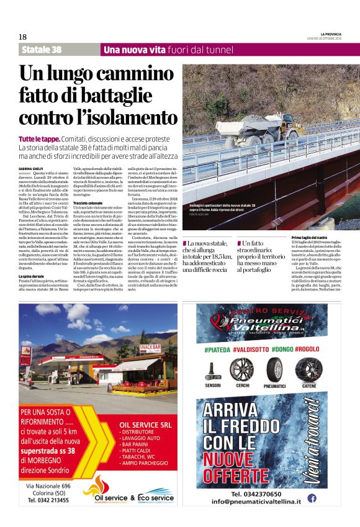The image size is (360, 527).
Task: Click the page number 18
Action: click(22, 37)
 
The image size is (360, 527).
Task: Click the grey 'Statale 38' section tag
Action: click(42, 50)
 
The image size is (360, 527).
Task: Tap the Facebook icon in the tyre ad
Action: click(312, 497)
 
